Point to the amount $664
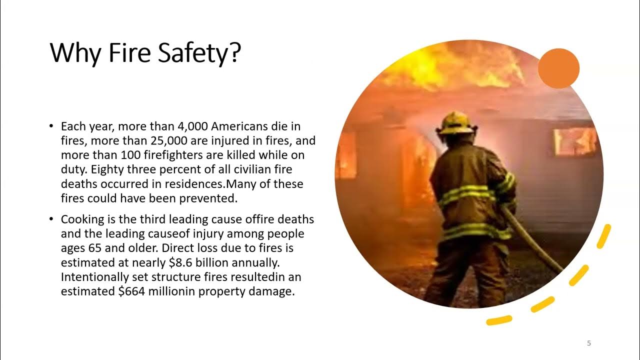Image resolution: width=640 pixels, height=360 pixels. click(x=132, y=291)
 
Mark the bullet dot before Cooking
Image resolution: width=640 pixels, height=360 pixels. click(x=52, y=220)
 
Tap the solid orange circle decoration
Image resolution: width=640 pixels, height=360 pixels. click(x=558, y=69)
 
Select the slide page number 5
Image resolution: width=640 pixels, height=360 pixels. click(x=589, y=343)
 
